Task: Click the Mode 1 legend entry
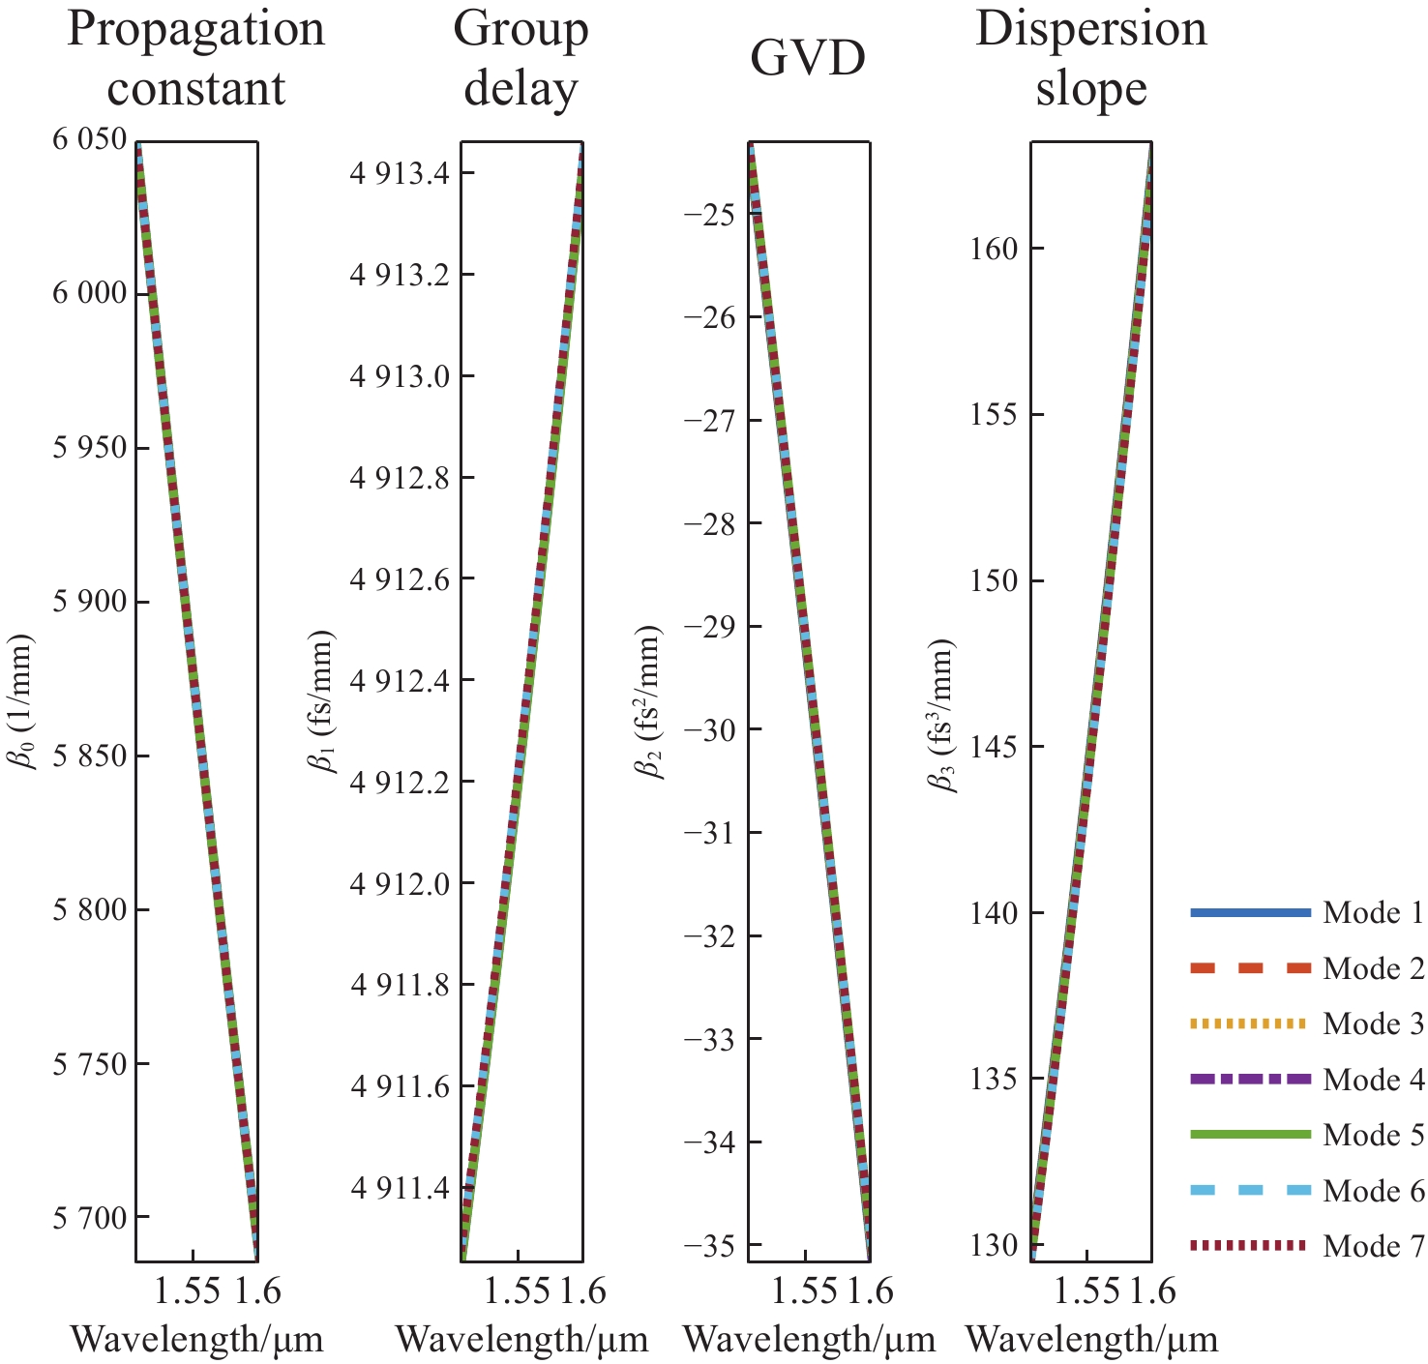(x=1306, y=912)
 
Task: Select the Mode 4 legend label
(x=1373, y=1079)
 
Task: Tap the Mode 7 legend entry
(x=1306, y=1246)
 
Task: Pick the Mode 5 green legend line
(x=1250, y=1134)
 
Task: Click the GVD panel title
(x=808, y=59)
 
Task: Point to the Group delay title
(x=521, y=59)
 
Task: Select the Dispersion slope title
(x=1091, y=59)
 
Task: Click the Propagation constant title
(x=195, y=59)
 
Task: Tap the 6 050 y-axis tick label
(x=90, y=139)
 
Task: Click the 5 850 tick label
(x=90, y=756)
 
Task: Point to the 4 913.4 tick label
(x=399, y=174)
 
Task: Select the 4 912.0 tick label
(x=399, y=883)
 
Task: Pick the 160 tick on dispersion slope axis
(x=994, y=249)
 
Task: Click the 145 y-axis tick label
(x=994, y=747)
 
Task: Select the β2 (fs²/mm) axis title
(x=649, y=702)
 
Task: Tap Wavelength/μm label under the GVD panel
(x=810, y=1340)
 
